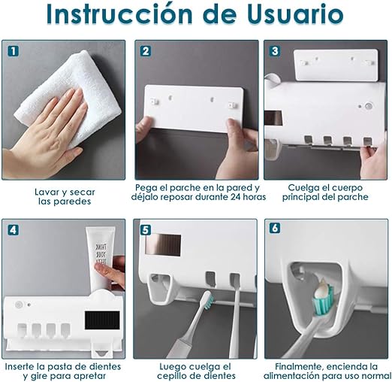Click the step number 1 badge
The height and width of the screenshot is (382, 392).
(x=14, y=51)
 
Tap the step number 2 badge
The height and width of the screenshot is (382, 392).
(x=146, y=51)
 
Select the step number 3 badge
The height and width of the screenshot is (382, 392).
(x=275, y=51)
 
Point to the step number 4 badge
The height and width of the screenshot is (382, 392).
(x=14, y=229)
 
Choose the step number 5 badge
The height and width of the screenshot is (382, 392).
(x=146, y=229)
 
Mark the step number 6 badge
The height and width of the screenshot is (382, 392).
(x=275, y=228)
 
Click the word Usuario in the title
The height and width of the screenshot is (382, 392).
(x=295, y=14)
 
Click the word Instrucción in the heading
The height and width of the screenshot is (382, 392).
(x=119, y=14)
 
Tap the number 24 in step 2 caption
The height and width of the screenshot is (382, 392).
(x=237, y=197)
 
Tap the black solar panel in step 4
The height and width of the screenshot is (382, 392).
(x=102, y=320)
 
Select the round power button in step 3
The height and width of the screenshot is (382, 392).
(x=368, y=106)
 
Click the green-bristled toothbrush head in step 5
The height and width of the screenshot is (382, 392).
(x=208, y=300)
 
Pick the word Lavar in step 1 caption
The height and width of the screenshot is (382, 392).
(x=46, y=193)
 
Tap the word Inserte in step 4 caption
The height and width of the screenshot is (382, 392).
(x=19, y=367)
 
